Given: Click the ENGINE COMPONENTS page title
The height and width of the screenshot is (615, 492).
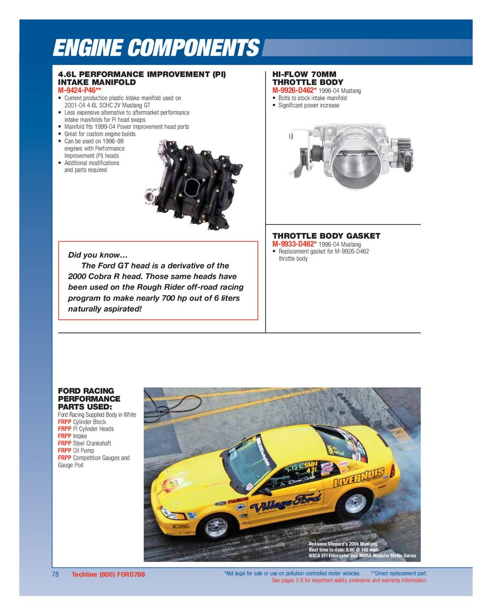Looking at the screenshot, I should (x=156, y=48).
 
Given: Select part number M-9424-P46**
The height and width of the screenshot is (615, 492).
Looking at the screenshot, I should (x=80, y=90).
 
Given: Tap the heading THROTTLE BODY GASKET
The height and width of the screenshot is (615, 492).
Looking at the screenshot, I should (x=326, y=236).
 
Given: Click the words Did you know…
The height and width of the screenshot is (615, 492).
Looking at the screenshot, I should (x=97, y=255).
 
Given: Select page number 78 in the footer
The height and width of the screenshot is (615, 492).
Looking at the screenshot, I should (x=55, y=575).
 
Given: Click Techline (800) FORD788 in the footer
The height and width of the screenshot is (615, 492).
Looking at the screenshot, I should (x=108, y=575).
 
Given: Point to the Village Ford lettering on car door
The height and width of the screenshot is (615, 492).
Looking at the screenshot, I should (x=285, y=502).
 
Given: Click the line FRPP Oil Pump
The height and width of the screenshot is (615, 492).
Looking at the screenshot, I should (x=77, y=450).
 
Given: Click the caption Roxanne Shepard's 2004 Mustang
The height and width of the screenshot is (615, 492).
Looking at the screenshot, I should (x=343, y=544).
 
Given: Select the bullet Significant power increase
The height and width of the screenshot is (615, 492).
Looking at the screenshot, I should (x=309, y=106).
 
